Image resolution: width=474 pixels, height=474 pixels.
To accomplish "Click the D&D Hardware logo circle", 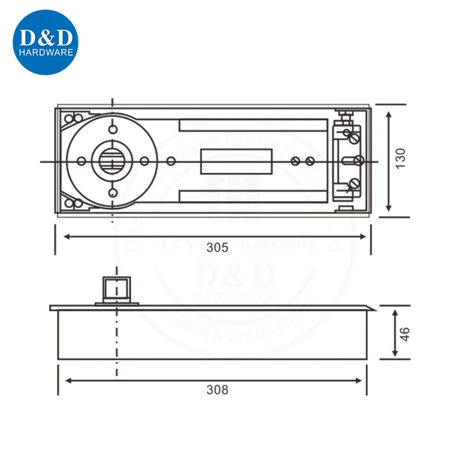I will [45, 42].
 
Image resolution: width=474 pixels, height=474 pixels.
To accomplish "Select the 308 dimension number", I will [217, 390].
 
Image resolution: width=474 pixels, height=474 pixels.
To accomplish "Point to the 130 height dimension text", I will [400, 158].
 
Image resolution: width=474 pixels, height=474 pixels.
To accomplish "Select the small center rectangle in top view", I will [236, 161].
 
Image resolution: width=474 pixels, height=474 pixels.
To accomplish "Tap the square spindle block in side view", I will [114, 288].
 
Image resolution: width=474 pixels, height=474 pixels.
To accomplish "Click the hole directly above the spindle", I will [112, 130].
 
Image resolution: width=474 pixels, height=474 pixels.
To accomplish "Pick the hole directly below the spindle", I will [112, 193].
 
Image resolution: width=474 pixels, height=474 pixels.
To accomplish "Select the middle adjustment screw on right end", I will [358, 161].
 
